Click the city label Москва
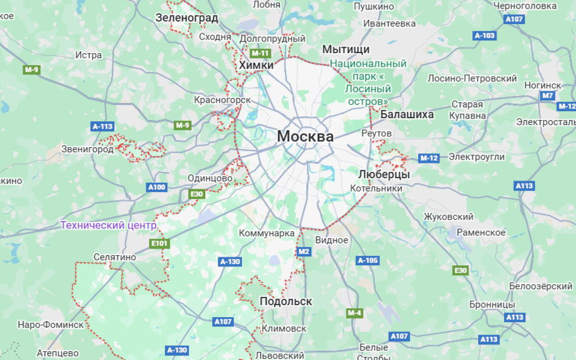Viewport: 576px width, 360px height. click(305, 136)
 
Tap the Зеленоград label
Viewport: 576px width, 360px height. click(186, 18)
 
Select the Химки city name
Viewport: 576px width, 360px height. click(256, 65)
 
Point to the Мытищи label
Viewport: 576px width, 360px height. click(345, 49)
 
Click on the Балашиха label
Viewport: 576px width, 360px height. click(407, 114)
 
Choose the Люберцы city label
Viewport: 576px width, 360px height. click(383, 174)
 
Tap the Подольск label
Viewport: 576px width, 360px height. click(285, 301)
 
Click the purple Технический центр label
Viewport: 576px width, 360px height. click(108, 225)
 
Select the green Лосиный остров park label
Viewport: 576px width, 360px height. click(368, 82)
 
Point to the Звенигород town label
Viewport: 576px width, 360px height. click(88, 149)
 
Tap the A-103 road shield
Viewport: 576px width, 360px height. click(484, 35)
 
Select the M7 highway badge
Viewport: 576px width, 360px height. click(548, 96)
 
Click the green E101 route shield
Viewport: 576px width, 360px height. click(159, 243)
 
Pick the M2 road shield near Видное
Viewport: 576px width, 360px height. click(304, 251)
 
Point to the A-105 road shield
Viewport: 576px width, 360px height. click(368, 260)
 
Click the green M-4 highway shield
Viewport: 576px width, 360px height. click(354, 313)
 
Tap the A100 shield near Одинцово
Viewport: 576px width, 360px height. click(156, 187)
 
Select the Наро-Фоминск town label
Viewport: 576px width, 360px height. click(51, 325)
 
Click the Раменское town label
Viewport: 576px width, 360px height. click(481, 232)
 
